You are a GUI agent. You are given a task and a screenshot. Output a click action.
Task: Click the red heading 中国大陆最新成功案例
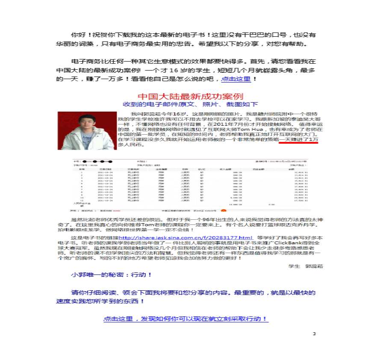point(190,96)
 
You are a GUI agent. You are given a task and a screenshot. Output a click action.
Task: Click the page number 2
point(313,333)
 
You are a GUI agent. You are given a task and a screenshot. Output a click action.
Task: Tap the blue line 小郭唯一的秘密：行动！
point(111,275)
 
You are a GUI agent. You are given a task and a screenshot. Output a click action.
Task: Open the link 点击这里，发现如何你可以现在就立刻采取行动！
point(186,319)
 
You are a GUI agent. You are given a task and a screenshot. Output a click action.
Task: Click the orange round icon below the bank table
point(223,211)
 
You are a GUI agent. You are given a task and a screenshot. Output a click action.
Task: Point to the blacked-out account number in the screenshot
point(97,162)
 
